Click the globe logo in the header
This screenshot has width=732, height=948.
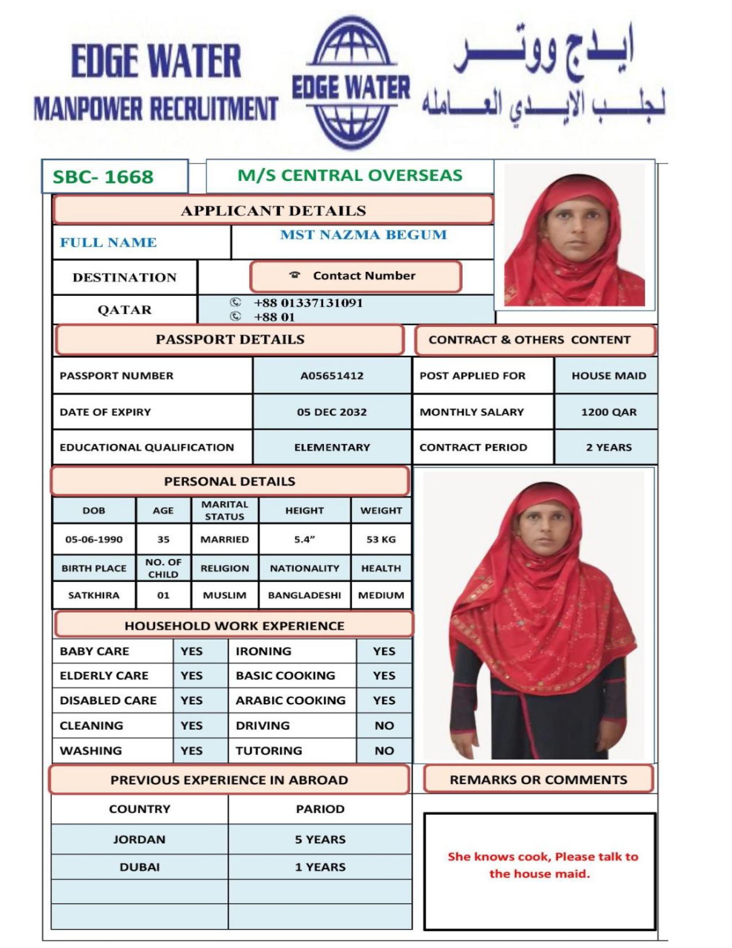tap(351, 83)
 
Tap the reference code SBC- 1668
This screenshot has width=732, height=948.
tap(103, 177)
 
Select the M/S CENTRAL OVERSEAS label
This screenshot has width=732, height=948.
tap(350, 175)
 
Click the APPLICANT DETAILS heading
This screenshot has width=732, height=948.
tap(273, 210)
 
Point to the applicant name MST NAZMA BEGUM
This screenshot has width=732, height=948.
tap(363, 235)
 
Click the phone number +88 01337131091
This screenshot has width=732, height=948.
tap(308, 303)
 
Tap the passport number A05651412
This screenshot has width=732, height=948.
tap(332, 376)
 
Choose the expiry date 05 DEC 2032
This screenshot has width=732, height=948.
tap(332, 412)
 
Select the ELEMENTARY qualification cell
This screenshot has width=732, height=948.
tap(332, 448)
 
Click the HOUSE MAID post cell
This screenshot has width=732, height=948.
tap(609, 376)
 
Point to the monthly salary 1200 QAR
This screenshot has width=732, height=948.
tap(609, 412)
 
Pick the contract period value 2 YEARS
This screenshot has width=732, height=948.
tap(609, 448)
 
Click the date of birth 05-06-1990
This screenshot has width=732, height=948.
tap(94, 539)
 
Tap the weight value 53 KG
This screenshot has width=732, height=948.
tap(381, 539)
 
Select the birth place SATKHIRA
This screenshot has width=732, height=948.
tap(94, 595)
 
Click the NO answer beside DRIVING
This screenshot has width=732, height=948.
tap(384, 726)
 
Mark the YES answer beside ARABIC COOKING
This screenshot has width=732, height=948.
tap(384, 700)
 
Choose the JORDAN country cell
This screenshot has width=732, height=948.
tap(140, 839)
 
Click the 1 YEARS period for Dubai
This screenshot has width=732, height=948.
tap(320, 867)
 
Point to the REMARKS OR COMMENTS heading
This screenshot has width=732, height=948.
tap(539, 780)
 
